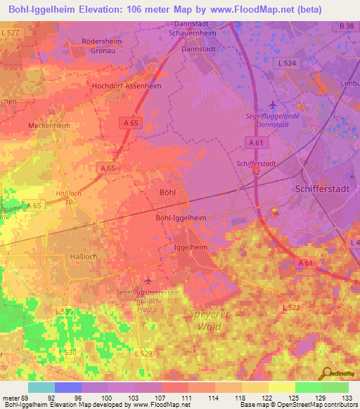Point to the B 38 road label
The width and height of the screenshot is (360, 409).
[345, 26]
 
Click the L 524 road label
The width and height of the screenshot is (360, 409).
[288, 63]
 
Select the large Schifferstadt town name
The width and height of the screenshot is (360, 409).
[321, 190]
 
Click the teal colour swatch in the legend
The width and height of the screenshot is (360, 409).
[41, 387]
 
